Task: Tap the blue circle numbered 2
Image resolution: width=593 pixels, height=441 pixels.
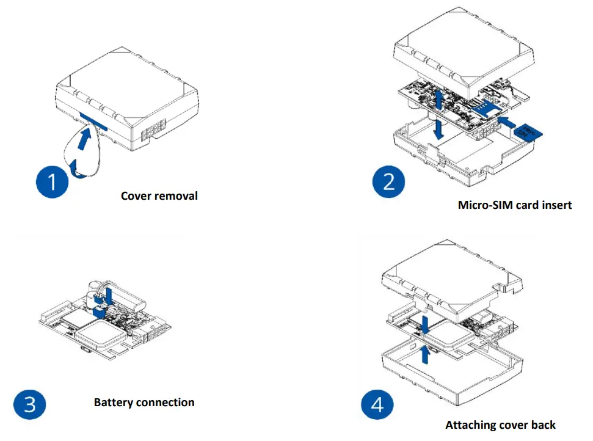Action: point(390,182)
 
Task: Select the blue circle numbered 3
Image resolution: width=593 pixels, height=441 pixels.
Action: point(29,404)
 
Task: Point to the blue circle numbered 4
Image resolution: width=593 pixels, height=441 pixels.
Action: point(377,406)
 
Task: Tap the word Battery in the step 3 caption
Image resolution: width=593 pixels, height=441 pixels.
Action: point(114,403)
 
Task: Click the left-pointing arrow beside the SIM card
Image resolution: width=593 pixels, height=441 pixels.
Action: point(506,122)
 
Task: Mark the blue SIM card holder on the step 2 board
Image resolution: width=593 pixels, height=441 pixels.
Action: point(486,108)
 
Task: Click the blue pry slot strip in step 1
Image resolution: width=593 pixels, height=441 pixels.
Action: point(93,120)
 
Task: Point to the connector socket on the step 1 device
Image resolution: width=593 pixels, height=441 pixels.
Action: point(152,132)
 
